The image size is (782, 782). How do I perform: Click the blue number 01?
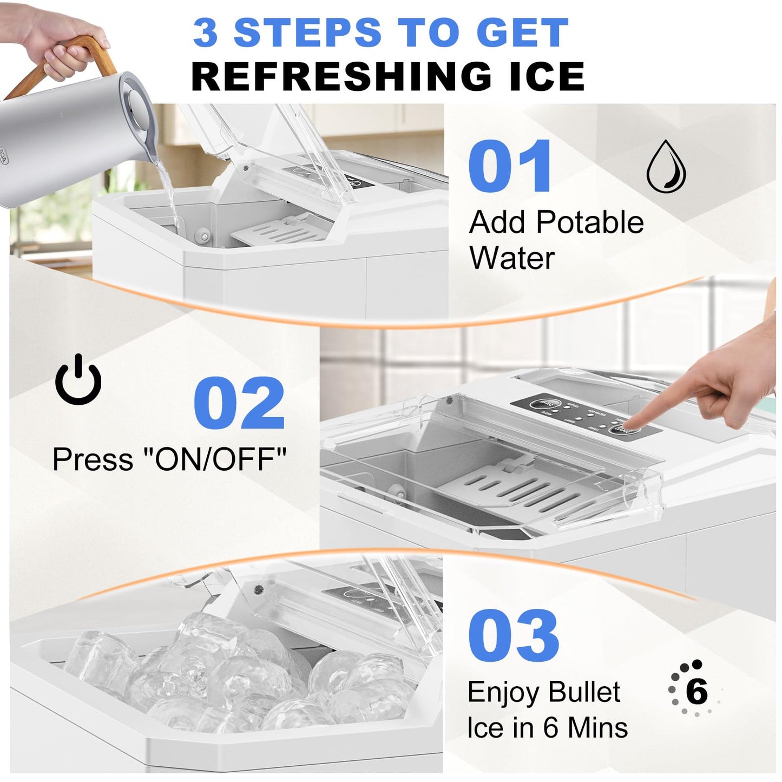(510, 166)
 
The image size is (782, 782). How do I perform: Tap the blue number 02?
(239, 403)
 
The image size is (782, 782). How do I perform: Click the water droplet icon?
(666, 167)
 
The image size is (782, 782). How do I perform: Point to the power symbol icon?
(78, 380)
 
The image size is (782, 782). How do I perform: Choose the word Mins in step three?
(598, 727)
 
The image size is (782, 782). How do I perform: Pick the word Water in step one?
(512, 258)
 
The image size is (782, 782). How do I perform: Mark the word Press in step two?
(93, 459)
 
